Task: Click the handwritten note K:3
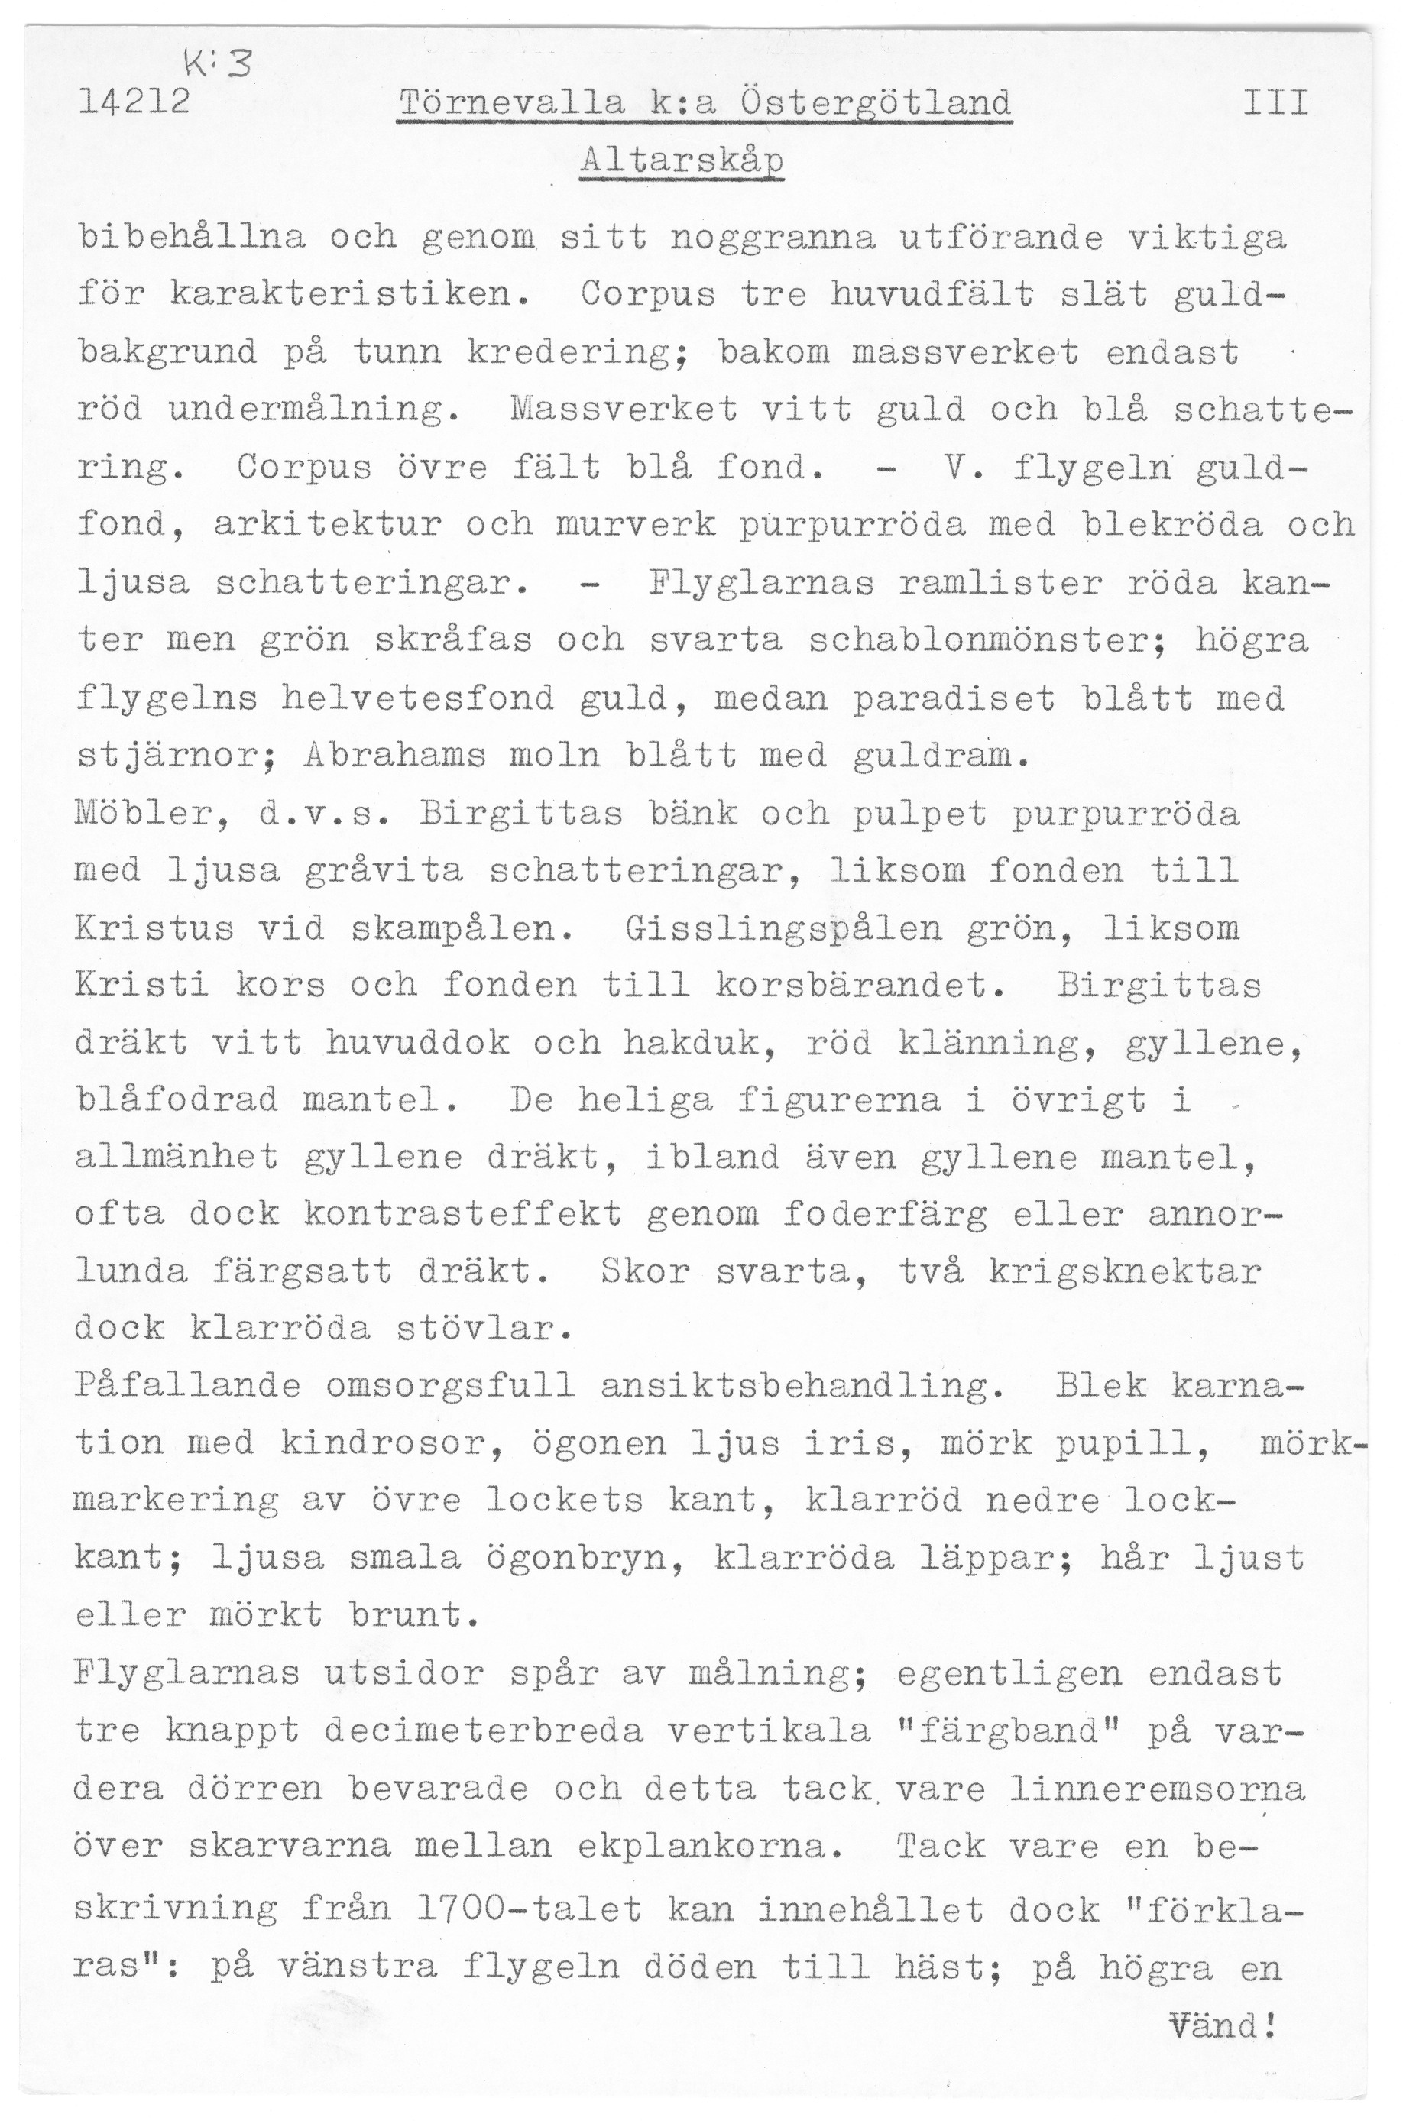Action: [219, 63]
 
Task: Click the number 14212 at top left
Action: [134, 104]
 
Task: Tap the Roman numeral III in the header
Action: [1276, 104]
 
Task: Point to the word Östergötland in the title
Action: [877, 104]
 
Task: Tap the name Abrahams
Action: [394, 756]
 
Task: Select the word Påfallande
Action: [189, 1387]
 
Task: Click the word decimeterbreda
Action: [484, 1731]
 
